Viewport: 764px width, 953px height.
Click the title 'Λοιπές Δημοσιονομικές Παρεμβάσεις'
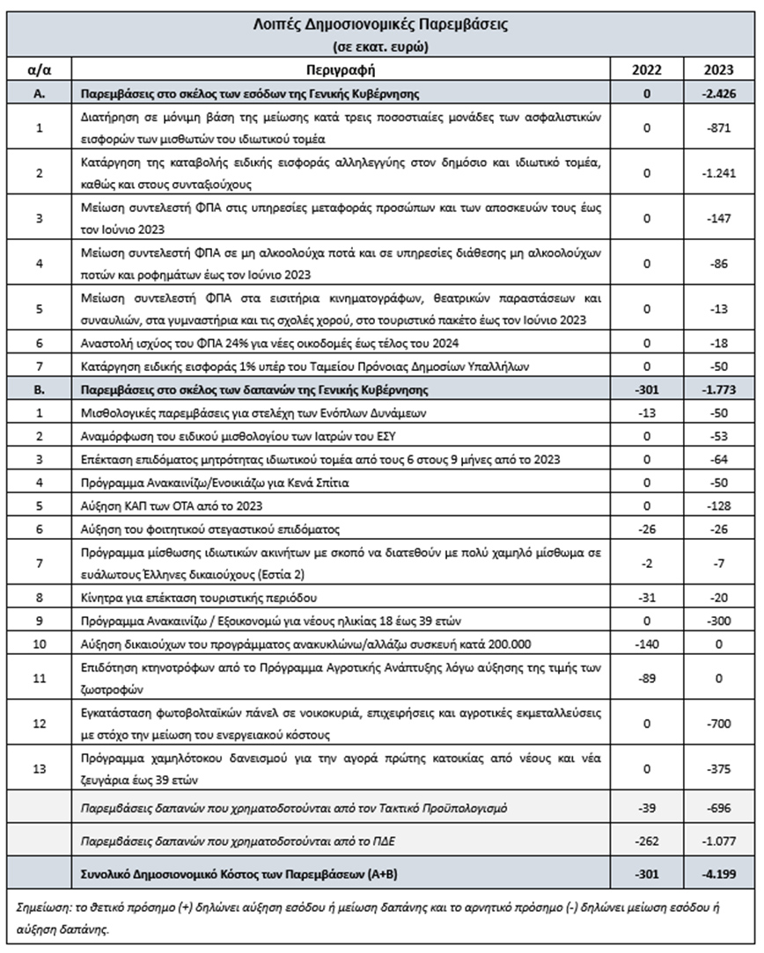coord(381,25)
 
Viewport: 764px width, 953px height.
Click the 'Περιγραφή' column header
coord(342,69)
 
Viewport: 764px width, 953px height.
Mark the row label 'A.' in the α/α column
coord(39,92)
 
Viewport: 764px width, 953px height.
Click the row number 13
coord(39,768)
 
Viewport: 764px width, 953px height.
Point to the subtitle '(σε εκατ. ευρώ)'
coord(381,46)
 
